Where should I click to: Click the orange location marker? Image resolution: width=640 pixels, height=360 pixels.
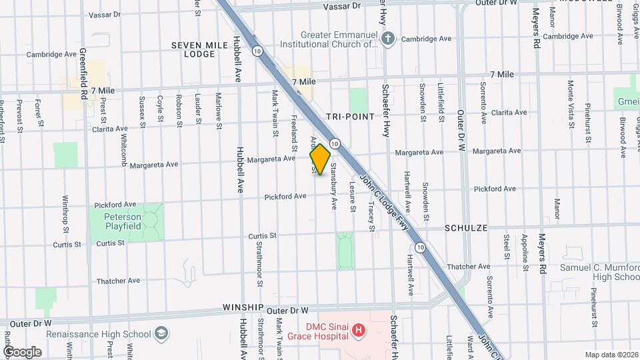coord(320,159)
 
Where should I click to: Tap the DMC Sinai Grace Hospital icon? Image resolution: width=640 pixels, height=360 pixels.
coord(359,329)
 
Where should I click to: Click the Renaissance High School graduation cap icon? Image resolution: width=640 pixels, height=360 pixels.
coord(161,333)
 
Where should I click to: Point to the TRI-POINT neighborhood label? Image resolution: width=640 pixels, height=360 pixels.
coord(352,116)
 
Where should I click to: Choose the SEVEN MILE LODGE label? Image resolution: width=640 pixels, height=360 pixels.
coord(193,49)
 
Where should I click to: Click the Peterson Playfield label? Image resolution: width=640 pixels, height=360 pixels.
coord(123,221)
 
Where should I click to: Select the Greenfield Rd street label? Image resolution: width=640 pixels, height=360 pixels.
coord(83,73)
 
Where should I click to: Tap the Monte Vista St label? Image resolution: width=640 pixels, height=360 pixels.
coord(571,104)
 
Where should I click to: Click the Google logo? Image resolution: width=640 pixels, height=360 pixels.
coord(22,351)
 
